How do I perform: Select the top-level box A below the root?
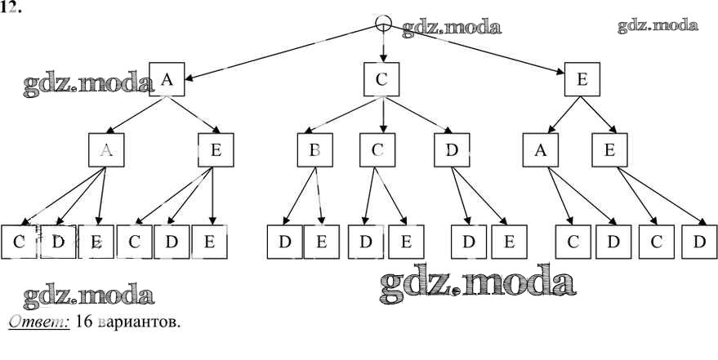coord(167,79)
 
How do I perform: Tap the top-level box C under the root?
coord(381,79)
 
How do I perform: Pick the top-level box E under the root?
coord(582,80)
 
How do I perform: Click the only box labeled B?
coord(314,150)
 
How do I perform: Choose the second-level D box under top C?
coord(451,150)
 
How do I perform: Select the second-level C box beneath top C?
coord(377,150)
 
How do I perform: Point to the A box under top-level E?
coord(541,150)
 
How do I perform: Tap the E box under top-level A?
coord(216,150)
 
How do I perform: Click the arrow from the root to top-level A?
coord(278,51)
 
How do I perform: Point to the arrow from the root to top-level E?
coord(482,51)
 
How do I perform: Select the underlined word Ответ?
coord(39,322)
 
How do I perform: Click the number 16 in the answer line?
coord(83,322)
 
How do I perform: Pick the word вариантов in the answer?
coord(136,322)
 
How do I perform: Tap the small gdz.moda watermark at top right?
coord(658,25)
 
